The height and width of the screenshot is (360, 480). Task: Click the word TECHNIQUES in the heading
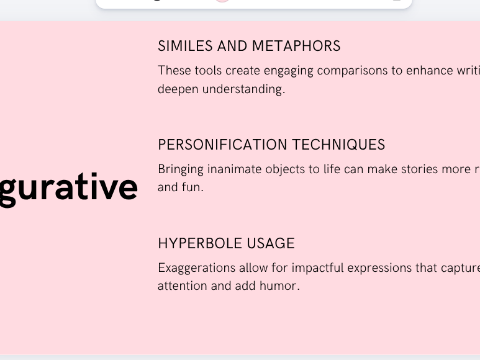pyautogui.click(x=338, y=145)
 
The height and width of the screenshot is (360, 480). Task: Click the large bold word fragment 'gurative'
pyautogui.click(x=68, y=187)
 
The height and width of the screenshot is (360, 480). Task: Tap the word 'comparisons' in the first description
pyautogui.click(x=352, y=70)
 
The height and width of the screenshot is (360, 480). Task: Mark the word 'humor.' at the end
pyautogui.click(x=280, y=286)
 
